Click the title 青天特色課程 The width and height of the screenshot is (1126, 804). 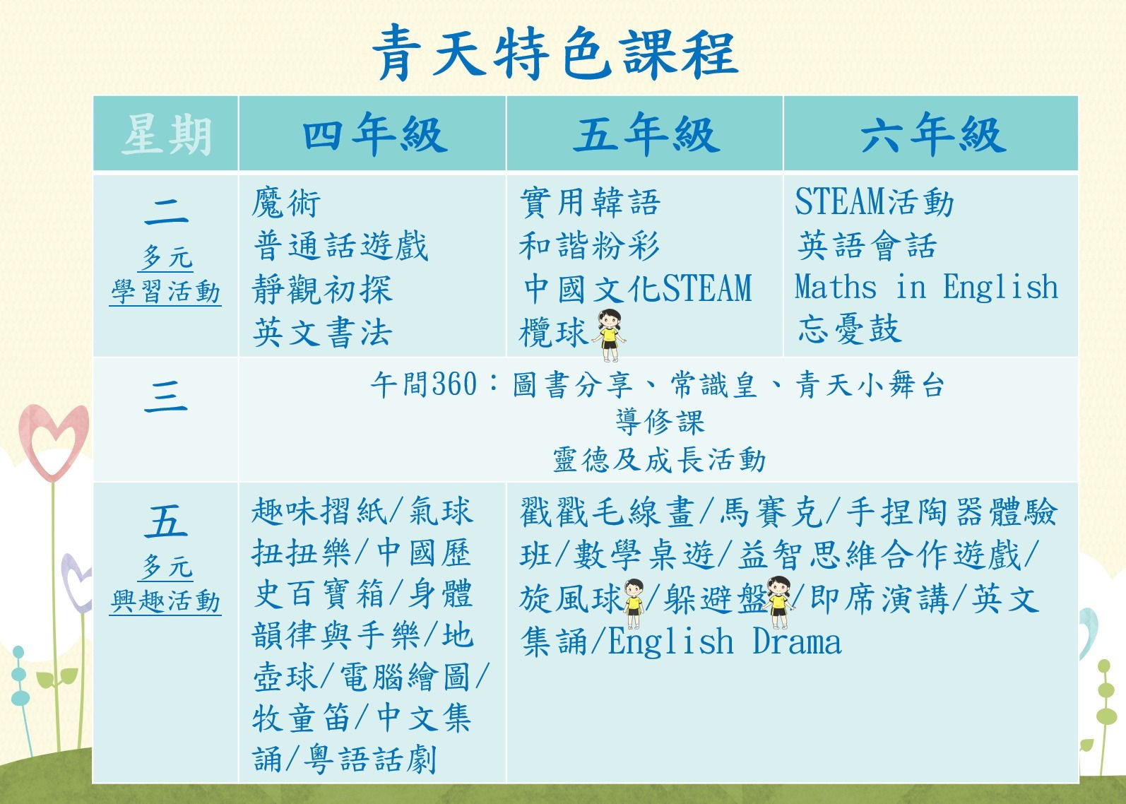(x=555, y=53)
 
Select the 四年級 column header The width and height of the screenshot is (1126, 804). (x=374, y=134)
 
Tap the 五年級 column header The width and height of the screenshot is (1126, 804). (x=646, y=134)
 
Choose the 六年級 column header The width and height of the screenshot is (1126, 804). (x=933, y=134)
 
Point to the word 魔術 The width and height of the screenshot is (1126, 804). (x=285, y=203)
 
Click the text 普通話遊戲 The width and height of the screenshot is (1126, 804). (x=340, y=246)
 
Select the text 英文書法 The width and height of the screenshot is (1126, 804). (x=321, y=332)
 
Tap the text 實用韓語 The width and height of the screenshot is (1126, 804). (x=590, y=203)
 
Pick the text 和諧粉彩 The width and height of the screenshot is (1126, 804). (x=589, y=246)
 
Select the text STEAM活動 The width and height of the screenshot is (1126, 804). (x=874, y=202)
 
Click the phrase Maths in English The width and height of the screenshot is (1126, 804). (x=926, y=287)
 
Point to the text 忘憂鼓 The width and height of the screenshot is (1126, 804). (x=850, y=329)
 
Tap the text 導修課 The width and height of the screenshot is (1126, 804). (x=660, y=421)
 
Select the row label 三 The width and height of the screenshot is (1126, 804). (x=166, y=396)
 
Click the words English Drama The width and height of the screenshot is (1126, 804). (x=724, y=642)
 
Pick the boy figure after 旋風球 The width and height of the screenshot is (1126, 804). (x=634, y=603)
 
